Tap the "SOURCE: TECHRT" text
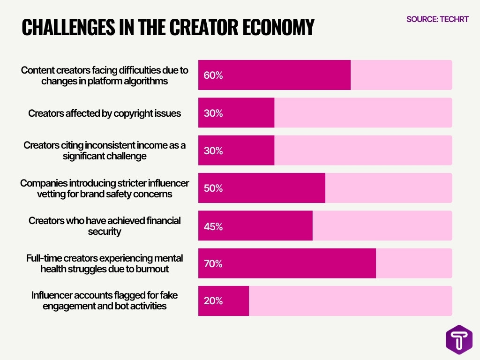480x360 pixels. pyautogui.click(x=437, y=20)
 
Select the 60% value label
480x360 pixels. pyautogui.click(x=213, y=75)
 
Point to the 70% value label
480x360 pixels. pyautogui.click(x=213, y=263)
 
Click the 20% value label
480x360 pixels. pyautogui.click(x=213, y=301)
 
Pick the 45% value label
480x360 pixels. pyautogui.click(x=213, y=226)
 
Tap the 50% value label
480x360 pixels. pyautogui.click(x=213, y=188)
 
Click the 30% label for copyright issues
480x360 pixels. pyautogui.click(x=213, y=113)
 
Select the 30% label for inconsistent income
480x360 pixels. pyautogui.click(x=213, y=150)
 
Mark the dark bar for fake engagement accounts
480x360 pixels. pyautogui.click(x=234, y=300)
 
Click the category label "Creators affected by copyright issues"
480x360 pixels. pyautogui.click(x=105, y=113)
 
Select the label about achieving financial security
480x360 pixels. pyautogui.click(x=105, y=226)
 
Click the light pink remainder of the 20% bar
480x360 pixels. pyautogui.click(x=350, y=300)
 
